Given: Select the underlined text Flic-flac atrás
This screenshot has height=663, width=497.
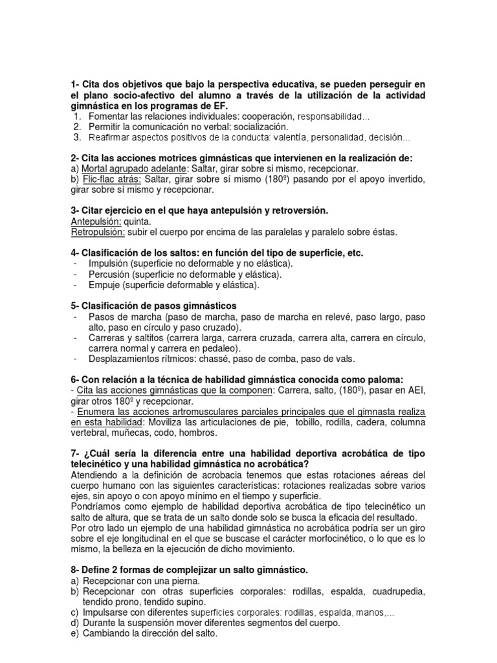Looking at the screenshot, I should point(110,179).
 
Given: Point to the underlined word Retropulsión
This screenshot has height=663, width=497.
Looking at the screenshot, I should point(98,232).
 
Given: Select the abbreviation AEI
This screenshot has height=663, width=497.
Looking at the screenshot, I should point(415,390).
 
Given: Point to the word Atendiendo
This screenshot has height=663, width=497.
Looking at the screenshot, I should point(97,475).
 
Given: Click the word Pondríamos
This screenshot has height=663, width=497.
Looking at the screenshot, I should point(99,506).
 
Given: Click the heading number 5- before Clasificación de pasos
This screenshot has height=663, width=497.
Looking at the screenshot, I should point(76,306).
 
